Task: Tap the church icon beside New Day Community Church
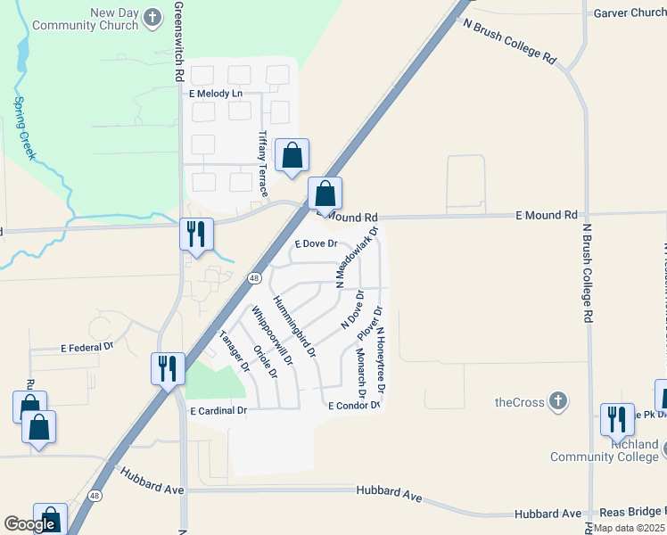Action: (x=153, y=17)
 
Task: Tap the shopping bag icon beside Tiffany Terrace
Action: (x=292, y=156)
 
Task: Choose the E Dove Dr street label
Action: (x=316, y=243)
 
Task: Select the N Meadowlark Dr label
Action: (x=357, y=256)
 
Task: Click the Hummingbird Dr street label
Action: (x=295, y=327)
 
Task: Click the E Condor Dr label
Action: (x=354, y=405)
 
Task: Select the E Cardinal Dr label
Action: (x=218, y=411)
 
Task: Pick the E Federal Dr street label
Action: (x=87, y=347)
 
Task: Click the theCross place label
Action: (x=520, y=402)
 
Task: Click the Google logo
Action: (x=29, y=524)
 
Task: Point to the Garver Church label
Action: (x=630, y=12)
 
